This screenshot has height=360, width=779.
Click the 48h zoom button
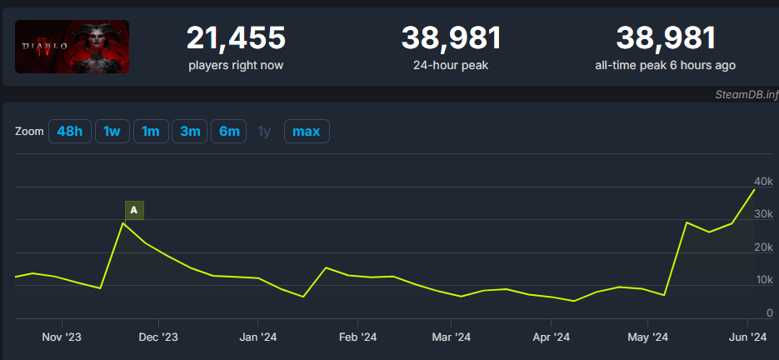click(70, 132)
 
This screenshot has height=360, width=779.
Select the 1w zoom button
click(112, 132)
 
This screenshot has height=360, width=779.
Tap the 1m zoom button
click(151, 132)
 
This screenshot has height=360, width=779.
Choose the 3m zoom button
click(190, 132)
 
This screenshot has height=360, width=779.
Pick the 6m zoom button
click(229, 132)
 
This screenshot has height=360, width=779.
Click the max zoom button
click(306, 132)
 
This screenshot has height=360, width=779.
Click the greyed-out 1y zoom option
click(264, 132)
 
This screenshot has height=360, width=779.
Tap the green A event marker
click(134, 210)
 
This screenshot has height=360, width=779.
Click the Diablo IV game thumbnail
click(72, 47)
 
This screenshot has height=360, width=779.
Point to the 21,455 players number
click(236, 37)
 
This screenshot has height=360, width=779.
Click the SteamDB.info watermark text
click(746, 95)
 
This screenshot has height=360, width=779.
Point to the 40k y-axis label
click(764, 182)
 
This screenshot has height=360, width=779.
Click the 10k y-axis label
click(764, 280)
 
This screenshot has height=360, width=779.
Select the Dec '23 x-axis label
click(159, 337)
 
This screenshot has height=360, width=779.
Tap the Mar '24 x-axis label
click(452, 337)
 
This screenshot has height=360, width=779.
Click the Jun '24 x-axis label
click(747, 337)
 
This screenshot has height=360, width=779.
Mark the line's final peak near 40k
click(754, 190)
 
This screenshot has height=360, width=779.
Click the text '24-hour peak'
click(451, 64)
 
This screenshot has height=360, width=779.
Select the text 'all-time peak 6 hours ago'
click(665, 64)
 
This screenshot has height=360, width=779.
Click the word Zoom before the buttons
click(29, 132)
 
